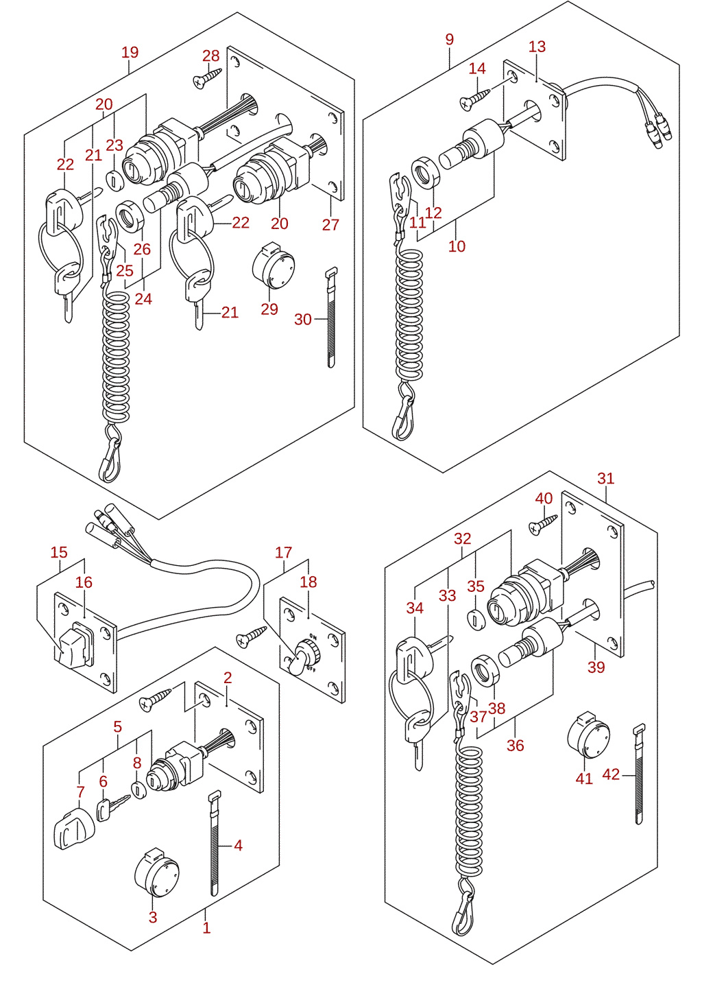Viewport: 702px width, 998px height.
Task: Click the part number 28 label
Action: tap(210, 56)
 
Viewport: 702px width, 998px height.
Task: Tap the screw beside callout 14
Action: tap(474, 99)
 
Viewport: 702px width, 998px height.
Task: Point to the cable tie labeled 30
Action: tap(332, 317)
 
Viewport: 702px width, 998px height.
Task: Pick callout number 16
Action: tap(84, 582)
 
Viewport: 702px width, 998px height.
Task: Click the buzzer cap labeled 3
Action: tap(156, 872)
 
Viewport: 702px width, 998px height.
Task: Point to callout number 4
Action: tap(238, 845)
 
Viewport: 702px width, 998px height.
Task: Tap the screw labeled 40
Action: tap(543, 523)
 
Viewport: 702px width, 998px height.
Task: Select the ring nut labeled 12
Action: tap(426, 174)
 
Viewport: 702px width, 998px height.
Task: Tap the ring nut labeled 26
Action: tap(130, 217)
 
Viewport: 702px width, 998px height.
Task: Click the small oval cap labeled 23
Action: tap(113, 181)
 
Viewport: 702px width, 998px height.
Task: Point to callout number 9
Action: tap(450, 39)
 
